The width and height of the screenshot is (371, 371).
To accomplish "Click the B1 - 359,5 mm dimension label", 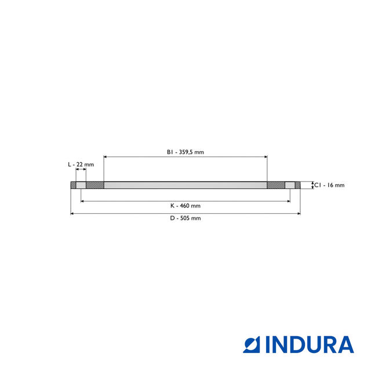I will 185,152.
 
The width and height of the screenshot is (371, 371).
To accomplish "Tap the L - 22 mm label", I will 81,165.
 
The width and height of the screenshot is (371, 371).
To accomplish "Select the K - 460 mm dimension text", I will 185,206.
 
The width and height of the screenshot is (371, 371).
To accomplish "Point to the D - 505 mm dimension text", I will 185,219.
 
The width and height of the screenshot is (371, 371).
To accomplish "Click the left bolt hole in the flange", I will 81,185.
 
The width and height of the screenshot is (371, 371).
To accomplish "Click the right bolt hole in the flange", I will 290,185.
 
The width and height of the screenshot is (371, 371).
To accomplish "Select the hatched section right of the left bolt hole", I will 95,185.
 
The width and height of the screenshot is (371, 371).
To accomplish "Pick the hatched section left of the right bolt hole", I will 276,185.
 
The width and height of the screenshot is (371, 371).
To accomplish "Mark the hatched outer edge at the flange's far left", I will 73,185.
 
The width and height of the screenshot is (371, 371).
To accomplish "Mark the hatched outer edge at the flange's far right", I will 298,185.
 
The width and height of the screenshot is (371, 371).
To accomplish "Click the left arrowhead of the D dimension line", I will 72,214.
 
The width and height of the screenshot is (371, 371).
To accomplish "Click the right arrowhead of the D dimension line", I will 299,214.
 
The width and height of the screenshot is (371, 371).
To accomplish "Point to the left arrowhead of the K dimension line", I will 82,201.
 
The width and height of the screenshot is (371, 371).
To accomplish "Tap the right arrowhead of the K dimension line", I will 289,201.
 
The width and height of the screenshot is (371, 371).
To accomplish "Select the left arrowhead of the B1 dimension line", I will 106,157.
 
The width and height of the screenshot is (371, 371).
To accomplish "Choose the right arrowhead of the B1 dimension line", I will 265,157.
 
